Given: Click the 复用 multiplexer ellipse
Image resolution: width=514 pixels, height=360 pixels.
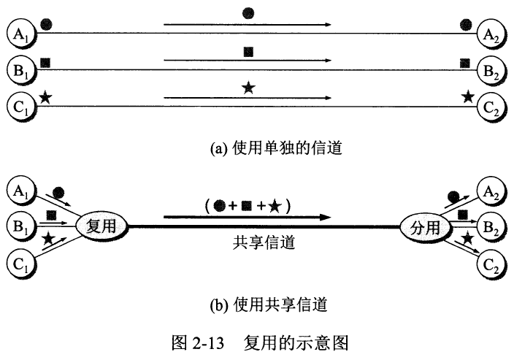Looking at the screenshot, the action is (x=101, y=226).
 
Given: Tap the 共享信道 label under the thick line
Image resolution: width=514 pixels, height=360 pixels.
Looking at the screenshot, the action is (x=264, y=243).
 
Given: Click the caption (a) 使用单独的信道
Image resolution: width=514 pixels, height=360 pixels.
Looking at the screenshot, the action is (x=276, y=148).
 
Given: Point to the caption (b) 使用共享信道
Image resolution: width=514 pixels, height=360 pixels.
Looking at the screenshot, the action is (x=269, y=305).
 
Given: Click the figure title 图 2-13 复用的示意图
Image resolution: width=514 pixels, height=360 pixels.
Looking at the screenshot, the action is (x=260, y=343).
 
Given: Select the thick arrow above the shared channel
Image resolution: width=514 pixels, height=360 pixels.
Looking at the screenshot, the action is (x=248, y=217).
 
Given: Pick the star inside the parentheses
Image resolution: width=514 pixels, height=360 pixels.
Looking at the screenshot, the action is (x=275, y=207).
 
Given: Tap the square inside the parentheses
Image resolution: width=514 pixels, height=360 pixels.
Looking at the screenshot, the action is (x=246, y=206).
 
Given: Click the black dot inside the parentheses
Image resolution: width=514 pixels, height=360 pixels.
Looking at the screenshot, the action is (x=219, y=206).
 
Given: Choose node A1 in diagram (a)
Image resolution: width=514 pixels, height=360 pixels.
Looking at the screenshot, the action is (x=22, y=34).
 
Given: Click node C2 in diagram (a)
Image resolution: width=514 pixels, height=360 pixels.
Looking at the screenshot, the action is (x=491, y=107).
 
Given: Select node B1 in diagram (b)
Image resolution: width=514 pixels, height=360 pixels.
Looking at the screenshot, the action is (x=22, y=226).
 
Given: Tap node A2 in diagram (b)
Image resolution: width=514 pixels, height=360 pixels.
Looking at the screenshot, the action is (x=491, y=191).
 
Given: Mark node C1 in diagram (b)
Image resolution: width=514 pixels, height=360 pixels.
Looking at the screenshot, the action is (x=22, y=264).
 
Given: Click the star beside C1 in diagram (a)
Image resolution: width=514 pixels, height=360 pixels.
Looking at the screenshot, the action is (x=45, y=97).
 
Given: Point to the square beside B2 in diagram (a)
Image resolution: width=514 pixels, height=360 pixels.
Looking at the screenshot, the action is (x=465, y=63).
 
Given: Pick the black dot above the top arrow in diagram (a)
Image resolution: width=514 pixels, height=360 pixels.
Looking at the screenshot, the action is (x=248, y=13).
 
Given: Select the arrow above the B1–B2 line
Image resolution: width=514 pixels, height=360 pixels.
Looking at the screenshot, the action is (x=248, y=61).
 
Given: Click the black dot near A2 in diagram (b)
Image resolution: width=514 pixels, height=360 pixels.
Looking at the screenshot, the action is (x=453, y=196).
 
